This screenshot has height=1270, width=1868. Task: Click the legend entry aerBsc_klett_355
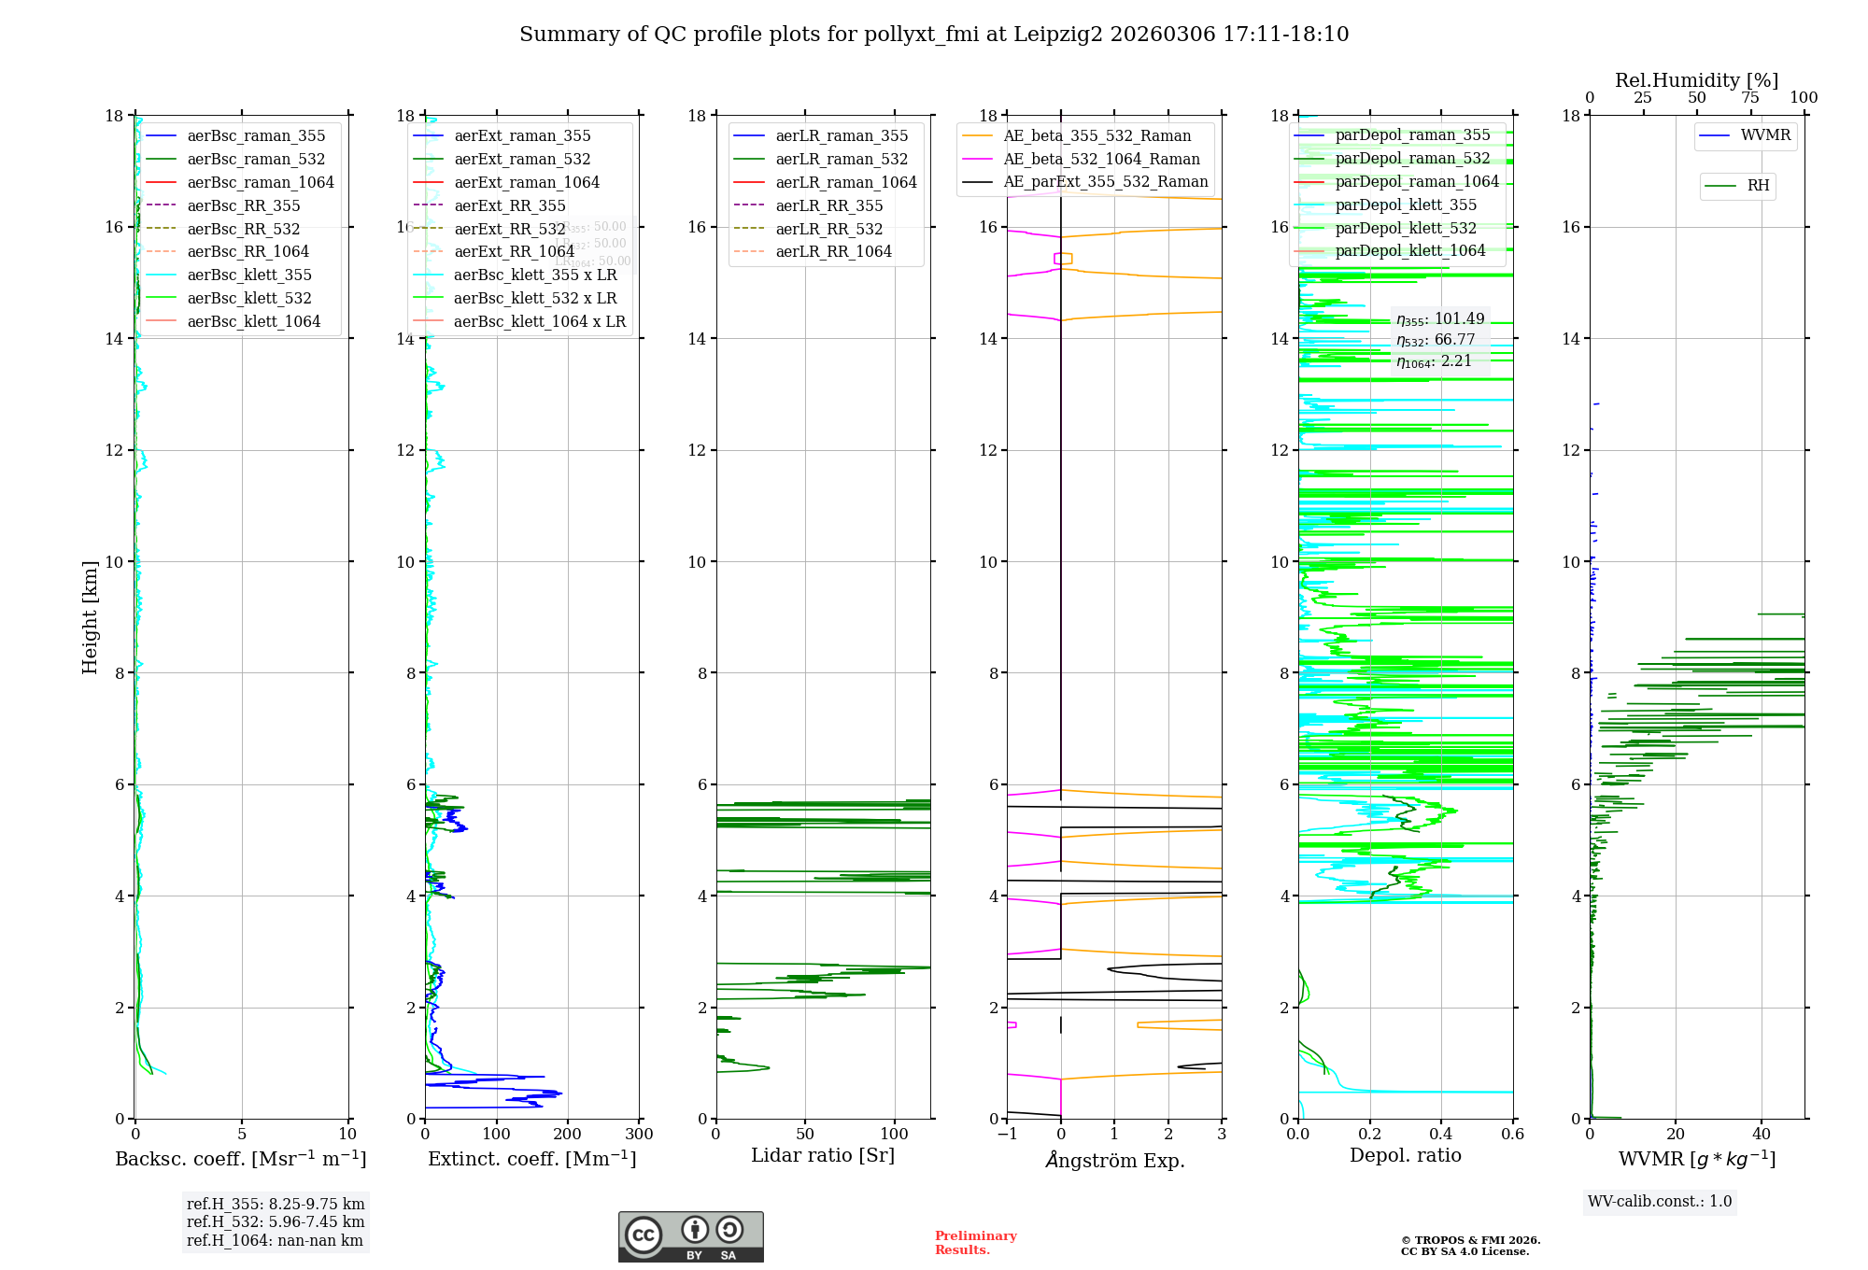pos(249,275)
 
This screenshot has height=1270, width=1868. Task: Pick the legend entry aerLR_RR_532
pos(828,229)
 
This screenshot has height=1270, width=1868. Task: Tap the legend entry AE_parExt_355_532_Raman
pos(1105,181)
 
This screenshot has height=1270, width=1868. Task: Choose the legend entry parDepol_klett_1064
pos(1409,250)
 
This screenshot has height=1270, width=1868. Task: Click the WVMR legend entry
pos(1765,135)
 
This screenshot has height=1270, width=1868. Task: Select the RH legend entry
pos(1758,186)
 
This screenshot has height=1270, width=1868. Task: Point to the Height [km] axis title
pos(90,616)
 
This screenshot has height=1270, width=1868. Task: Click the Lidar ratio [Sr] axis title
pos(823,1155)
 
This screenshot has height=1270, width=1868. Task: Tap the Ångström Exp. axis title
pos(1114,1161)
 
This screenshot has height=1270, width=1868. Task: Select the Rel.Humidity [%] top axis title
pos(1696,80)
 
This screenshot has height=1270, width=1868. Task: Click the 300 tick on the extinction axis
pos(639,1135)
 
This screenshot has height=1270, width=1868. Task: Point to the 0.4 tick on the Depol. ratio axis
pos(1441,1135)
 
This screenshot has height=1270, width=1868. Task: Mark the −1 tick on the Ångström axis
pos(1007,1135)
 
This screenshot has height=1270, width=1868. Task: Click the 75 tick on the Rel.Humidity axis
pos(1750,98)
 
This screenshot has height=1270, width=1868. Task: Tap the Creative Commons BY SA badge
pos(690,1237)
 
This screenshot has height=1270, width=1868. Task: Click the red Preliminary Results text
pos(975,1243)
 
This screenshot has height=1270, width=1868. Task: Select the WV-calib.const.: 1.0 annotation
pos(1660,1202)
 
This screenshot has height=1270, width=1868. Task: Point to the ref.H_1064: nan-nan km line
pos(275,1241)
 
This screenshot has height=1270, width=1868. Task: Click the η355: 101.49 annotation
pos(1440,319)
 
